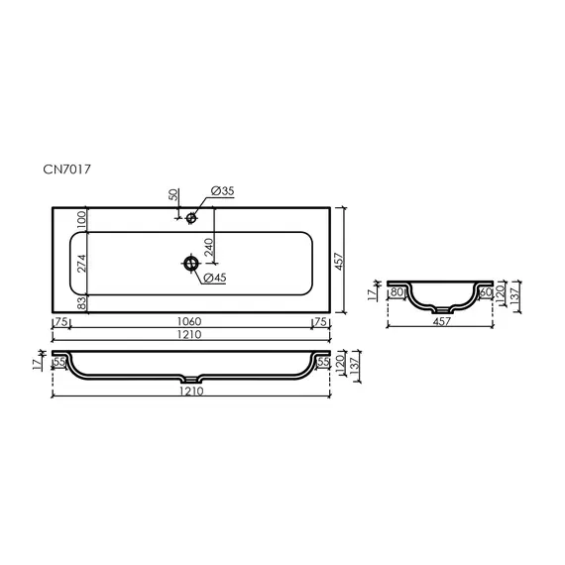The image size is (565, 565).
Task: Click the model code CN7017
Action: click(x=66, y=169)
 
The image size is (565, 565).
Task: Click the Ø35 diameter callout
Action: click(x=222, y=191)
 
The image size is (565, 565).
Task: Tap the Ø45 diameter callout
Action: click(x=215, y=278)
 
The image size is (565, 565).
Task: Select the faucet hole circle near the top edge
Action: click(x=191, y=218)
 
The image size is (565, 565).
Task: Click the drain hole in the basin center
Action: click(x=191, y=264)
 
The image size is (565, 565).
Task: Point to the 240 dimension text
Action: click(x=209, y=247)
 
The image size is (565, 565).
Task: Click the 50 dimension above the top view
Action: click(x=173, y=194)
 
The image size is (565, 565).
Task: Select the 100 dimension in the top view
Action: click(x=82, y=220)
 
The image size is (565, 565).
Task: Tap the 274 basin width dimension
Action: click(x=82, y=264)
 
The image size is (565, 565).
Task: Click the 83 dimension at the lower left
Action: click(x=82, y=302)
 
